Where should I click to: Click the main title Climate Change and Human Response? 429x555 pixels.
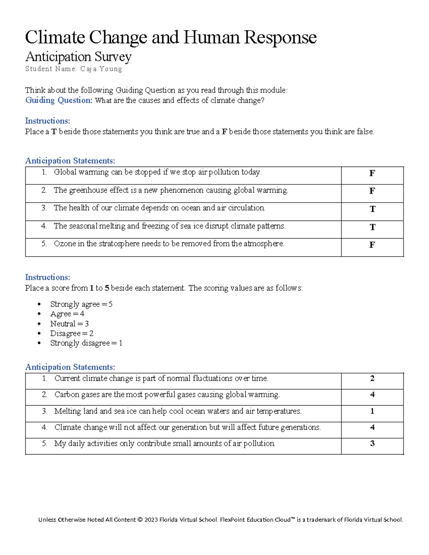[171, 37]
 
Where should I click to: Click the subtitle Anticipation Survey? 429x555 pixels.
[78, 56]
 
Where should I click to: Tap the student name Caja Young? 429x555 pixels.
[101, 69]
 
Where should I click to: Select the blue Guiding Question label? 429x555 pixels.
[59, 100]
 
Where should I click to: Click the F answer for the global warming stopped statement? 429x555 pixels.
[372, 173]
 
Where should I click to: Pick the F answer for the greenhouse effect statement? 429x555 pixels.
[372, 191]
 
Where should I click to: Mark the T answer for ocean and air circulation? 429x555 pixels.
[372, 209]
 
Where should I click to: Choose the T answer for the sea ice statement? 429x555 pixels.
[372, 227]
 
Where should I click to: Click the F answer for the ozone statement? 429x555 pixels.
[372, 245]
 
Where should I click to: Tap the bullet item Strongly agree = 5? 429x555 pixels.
[81, 304]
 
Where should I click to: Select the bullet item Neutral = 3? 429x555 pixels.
[69, 324]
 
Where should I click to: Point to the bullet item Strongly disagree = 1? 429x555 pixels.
[86, 343]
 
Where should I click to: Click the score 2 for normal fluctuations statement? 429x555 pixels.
[372, 378]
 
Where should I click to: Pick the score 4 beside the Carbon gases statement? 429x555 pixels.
[372, 395]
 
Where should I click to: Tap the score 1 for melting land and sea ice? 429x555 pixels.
[372, 411]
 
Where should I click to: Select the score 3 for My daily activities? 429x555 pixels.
[372, 443]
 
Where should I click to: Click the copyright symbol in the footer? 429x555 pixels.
[140, 520]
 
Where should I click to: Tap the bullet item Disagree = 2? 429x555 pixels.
[71, 333]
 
